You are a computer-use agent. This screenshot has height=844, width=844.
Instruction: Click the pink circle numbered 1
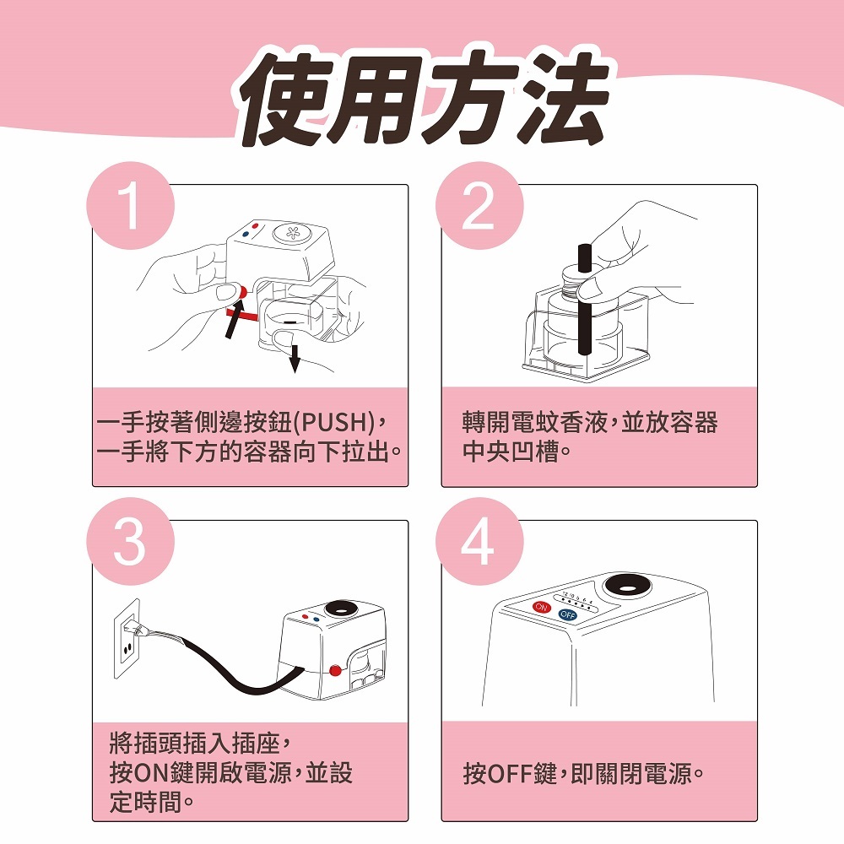tap(130, 205)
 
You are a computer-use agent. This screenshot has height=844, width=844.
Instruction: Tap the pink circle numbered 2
tap(479, 205)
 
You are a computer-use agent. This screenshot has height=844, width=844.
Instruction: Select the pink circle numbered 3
tap(130, 541)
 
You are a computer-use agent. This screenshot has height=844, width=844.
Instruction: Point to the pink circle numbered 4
tap(479, 541)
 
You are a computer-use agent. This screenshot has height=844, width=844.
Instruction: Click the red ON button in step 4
tap(542, 607)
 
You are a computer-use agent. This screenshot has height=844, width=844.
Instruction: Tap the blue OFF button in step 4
tap(568, 614)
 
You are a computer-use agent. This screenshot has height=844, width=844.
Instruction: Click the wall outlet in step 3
tap(127, 639)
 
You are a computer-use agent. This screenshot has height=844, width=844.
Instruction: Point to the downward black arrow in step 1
tap(295, 359)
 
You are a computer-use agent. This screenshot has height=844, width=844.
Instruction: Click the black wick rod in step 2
tap(584, 300)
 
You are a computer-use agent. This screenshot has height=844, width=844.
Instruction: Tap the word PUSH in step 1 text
tap(334, 423)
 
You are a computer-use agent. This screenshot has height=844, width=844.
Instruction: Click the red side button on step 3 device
tap(335, 671)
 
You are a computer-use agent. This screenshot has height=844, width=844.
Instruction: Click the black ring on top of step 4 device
tap(627, 587)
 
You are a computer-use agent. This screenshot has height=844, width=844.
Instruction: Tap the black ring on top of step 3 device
tap(341, 609)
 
